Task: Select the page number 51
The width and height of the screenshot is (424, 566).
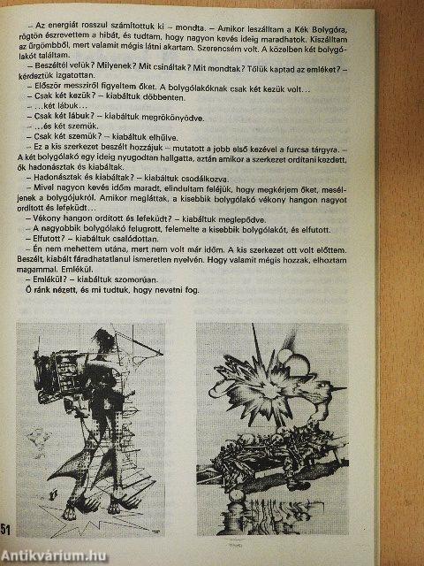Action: (9, 528)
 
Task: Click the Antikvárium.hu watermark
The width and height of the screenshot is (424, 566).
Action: (58, 555)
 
